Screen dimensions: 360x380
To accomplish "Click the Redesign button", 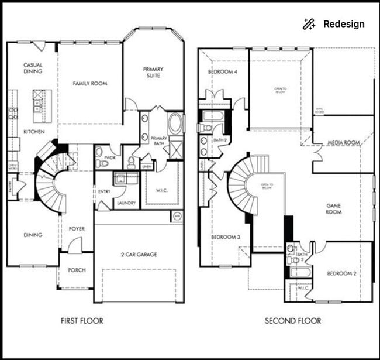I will point(334,24).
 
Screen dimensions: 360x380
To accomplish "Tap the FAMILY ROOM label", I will point(90,84).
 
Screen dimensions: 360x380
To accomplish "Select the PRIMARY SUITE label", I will point(153,73).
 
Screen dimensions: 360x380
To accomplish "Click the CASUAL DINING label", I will point(33,68).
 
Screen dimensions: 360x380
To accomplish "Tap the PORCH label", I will point(77,270).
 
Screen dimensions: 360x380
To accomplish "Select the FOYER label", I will point(77,229).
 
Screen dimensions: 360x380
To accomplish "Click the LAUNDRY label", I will point(126,203).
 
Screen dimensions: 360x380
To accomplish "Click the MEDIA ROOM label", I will point(343,143).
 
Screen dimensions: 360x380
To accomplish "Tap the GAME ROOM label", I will point(334,209).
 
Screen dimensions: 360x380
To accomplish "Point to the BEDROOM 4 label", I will point(223,72).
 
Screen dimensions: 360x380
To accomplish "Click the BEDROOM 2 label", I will point(342,273).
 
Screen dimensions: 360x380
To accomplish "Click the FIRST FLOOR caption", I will point(82,321).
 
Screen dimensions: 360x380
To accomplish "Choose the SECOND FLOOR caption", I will point(293,321).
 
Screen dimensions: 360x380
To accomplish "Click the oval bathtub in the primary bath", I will point(175,124).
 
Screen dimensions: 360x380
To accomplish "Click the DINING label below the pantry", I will point(33,235).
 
